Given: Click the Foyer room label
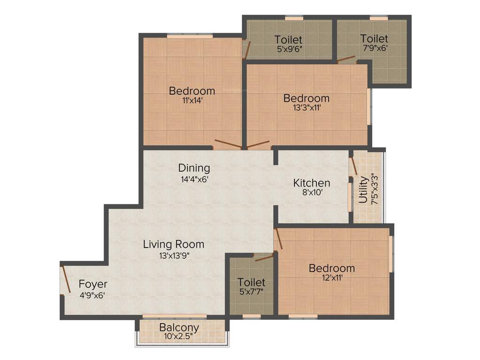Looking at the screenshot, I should point(93,284).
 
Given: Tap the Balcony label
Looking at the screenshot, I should point(179,327).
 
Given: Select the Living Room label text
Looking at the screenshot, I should point(173,244).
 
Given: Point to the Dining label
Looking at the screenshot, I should point(194,167).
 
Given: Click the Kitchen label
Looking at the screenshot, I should point(312,182).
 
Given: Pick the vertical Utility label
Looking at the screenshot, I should point(363,189).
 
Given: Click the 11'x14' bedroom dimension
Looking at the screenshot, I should point(192,100).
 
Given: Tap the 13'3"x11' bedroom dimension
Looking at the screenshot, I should point(307,108).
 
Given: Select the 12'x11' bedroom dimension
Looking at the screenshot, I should point(331,278).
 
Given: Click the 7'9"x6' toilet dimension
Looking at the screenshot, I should point(374,47).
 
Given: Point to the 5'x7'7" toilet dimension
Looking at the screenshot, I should point(251,292).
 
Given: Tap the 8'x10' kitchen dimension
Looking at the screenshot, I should point(312,192).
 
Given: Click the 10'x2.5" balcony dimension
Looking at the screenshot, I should point(179,336).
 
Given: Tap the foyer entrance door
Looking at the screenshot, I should point(65,279).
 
